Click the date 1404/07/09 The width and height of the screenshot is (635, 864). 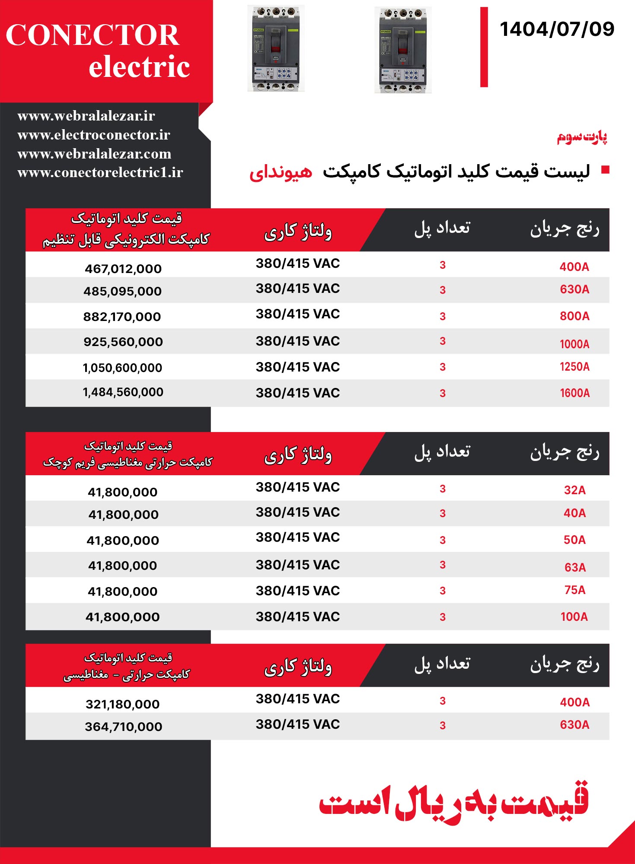(557, 29)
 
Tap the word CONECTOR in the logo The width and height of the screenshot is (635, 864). (92, 35)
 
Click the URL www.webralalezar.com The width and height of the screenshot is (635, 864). (94, 154)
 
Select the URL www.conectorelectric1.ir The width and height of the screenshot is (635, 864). (100, 172)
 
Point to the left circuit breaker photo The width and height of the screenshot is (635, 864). (276, 48)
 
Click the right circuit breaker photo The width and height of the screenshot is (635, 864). (403, 50)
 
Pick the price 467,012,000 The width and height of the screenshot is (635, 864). (123, 269)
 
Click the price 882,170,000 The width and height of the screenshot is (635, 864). (122, 317)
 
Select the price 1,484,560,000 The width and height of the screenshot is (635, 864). (123, 392)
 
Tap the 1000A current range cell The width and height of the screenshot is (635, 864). (574, 344)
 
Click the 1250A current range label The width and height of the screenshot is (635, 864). (574, 367)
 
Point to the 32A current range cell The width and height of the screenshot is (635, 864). (574, 490)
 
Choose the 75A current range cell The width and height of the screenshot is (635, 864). (574, 590)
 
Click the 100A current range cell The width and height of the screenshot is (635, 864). (574, 617)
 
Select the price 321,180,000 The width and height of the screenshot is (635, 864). (122, 704)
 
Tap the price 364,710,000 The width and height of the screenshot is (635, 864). (123, 727)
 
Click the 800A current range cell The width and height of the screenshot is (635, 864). (574, 316)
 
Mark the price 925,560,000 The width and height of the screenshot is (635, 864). (123, 342)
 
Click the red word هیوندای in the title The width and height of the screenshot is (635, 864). (281, 172)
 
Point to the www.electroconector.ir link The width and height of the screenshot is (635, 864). (94, 135)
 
